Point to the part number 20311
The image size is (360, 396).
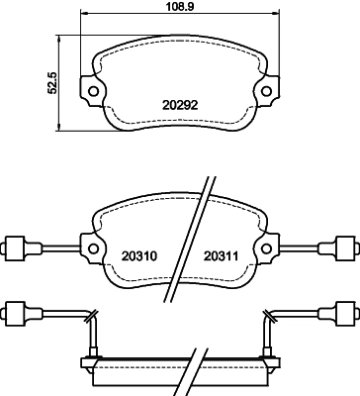(x=221, y=255)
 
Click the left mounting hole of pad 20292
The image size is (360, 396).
(x=95, y=92)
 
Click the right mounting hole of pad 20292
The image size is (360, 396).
(x=266, y=92)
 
